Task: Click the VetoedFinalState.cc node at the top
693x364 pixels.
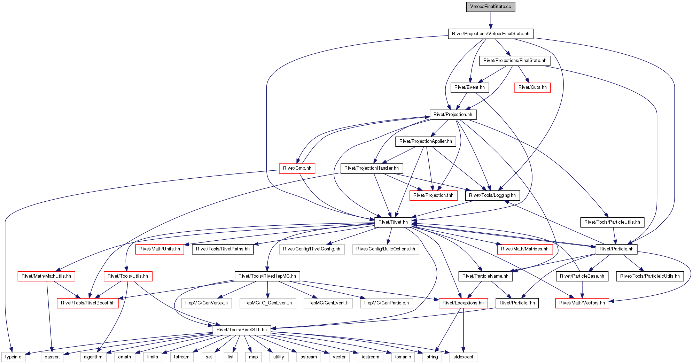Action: [x=491, y=7]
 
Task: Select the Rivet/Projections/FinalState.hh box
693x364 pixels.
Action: [x=515, y=61]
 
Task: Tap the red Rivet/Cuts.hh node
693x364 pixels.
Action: [x=532, y=87]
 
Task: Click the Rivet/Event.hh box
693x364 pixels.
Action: [x=469, y=87]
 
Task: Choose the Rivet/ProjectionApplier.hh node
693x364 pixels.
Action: [x=426, y=141]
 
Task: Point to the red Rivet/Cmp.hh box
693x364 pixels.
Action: [x=297, y=168]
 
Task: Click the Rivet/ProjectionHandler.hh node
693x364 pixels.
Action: [x=372, y=168]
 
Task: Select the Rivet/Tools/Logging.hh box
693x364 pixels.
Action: [x=492, y=195]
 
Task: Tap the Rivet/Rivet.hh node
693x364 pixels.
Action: [x=393, y=222]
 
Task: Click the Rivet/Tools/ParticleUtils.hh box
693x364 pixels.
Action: [x=612, y=222]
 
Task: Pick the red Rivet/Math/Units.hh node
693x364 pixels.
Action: [x=159, y=249]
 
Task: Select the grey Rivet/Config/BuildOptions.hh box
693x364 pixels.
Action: [x=386, y=249]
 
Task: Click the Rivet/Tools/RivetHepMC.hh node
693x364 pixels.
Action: [x=267, y=276]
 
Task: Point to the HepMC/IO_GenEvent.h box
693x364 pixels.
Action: [x=267, y=303]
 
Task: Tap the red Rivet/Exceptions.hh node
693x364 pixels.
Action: [x=463, y=303]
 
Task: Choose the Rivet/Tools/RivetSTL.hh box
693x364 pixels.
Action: [x=242, y=330]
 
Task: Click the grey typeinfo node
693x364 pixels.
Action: [x=13, y=357]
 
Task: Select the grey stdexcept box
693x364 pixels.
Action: [x=463, y=357]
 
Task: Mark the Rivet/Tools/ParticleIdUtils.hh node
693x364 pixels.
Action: [x=650, y=276]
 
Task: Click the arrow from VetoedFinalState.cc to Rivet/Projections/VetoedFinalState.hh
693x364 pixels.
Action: [x=491, y=20]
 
